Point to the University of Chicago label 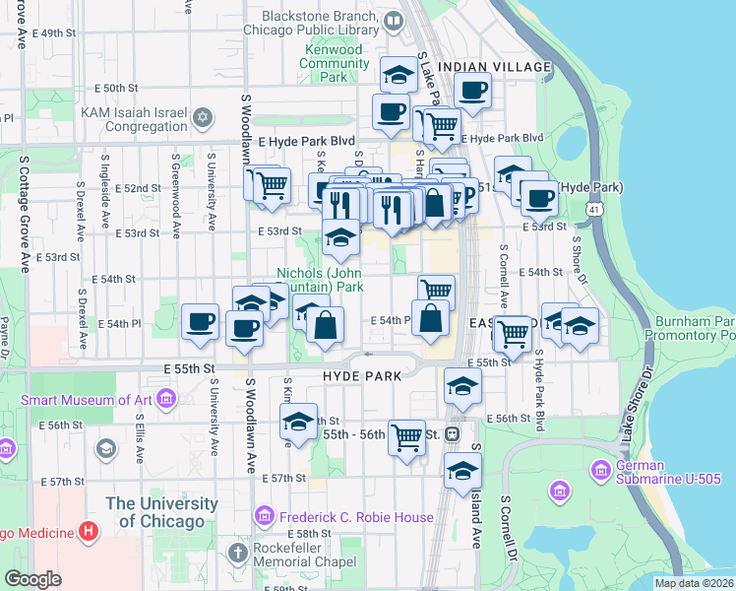pyautogui.click(x=162, y=511)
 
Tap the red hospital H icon pyautogui.click(x=90, y=533)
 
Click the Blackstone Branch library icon pyautogui.click(x=394, y=20)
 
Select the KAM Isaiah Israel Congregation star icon pyautogui.click(x=204, y=118)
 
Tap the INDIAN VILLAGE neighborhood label pyautogui.click(x=495, y=67)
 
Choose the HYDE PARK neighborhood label pyautogui.click(x=362, y=376)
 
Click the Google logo pyautogui.click(x=33, y=579)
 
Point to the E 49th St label pyautogui.click(x=53, y=33)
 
